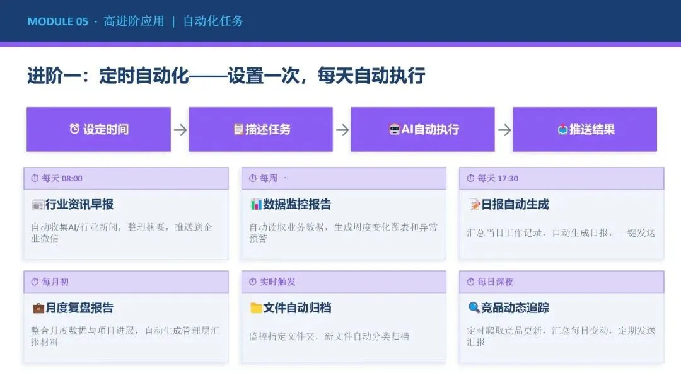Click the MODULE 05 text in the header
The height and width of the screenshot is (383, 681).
(58, 21)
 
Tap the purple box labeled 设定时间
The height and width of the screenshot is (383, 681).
(98, 129)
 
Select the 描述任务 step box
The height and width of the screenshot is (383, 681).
(260, 129)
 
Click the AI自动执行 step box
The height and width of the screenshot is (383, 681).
(422, 129)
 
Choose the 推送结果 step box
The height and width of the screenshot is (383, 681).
(585, 129)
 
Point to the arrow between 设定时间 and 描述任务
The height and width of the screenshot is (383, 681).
(180, 130)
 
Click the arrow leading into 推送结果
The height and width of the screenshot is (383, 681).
(504, 130)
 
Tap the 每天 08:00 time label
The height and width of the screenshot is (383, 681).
(62, 178)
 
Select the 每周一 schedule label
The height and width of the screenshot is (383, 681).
(273, 178)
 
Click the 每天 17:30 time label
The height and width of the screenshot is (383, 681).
(498, 178)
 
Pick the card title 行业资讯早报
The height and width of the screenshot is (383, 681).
(79, 204)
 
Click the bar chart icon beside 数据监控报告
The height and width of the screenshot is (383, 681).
(256, 204)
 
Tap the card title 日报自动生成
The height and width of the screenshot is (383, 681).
(515, 204)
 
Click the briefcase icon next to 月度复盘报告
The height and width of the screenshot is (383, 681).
(38, 308)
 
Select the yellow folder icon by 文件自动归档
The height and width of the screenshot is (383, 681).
(256, 308)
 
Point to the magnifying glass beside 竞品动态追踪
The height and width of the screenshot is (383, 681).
(474, 307)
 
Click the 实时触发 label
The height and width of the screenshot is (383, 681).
(277, 282)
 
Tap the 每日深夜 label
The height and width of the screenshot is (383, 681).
(496, 282)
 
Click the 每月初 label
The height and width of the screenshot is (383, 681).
(55, 282)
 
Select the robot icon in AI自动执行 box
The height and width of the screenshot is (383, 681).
(394, 129)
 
